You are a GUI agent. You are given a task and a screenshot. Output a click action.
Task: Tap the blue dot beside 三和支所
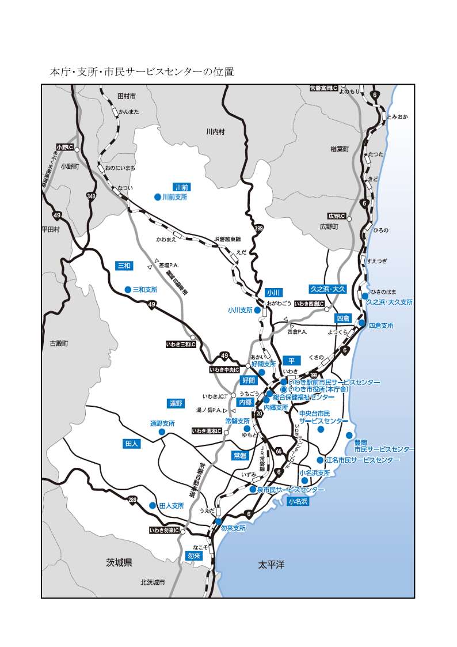[128, 289]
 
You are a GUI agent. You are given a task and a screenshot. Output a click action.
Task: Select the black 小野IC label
[64, 147]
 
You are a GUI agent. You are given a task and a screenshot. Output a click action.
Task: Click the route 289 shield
[133, 499]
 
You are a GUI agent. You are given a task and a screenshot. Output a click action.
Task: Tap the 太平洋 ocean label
[271, 565]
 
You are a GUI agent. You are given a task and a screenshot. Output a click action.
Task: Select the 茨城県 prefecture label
[119, 562]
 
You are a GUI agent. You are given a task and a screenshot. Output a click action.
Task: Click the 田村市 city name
[126, 96]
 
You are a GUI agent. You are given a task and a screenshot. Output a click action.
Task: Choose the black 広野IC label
[336, 216]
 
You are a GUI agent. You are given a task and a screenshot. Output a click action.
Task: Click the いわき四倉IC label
[309, 304]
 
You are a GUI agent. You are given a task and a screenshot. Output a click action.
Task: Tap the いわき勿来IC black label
[164, 530]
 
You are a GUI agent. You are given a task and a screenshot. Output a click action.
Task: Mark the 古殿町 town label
[59, 343]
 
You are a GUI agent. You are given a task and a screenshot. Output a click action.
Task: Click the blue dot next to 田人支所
[153, 505]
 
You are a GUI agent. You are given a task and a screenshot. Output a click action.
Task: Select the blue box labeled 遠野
[176, 403]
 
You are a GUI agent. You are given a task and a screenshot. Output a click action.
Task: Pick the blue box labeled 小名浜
[298, 501]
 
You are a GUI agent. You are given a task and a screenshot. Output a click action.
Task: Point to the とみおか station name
[397, 117]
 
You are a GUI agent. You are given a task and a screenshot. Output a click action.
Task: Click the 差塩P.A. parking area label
[169, 265]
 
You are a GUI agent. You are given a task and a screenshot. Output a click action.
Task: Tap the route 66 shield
[279, 451]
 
